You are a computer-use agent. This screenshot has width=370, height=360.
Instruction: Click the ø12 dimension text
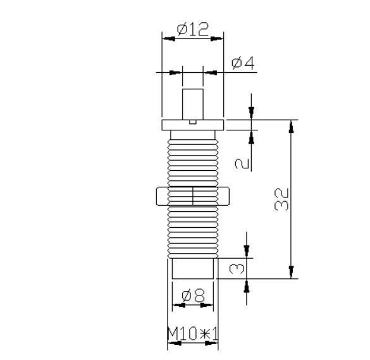[192, 28]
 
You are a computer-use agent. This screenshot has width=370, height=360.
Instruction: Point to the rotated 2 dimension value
[241, 163]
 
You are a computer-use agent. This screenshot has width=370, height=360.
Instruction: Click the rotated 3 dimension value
[235, 268]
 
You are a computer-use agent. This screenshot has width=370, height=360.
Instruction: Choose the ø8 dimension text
[192, 295]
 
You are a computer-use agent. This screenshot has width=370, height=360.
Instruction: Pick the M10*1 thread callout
[192, 333]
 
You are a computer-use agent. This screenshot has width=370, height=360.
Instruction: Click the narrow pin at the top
[192, 103]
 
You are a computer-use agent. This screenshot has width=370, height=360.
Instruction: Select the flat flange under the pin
[192, 124]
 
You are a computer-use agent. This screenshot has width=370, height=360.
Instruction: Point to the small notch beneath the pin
[193, 118]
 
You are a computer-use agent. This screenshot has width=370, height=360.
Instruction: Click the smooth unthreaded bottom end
[192, 268]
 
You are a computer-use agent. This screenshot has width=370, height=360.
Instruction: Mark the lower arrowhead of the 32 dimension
[291, 273]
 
